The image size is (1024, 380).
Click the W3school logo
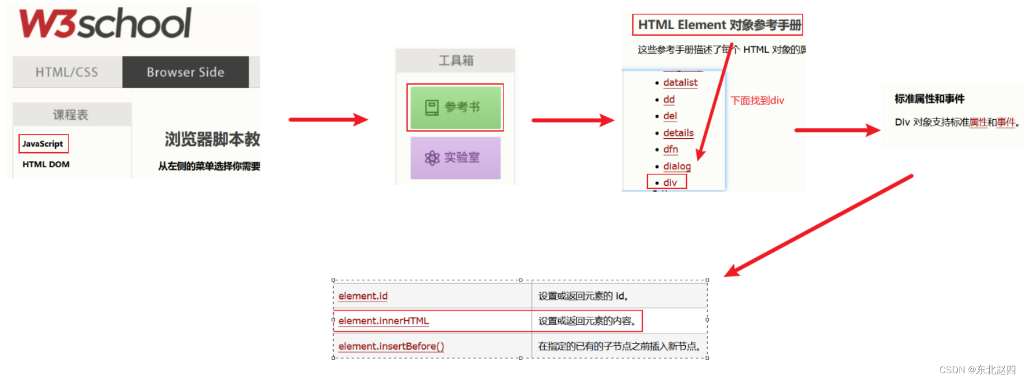tap(105, 24)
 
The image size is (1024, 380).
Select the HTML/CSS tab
tap(67, 72)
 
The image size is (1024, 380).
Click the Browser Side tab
tap(185, 72)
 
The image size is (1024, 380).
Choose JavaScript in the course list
tap(43, 144)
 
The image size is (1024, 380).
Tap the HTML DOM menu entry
tap(46, 165)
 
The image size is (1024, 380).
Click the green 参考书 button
tap(455, 107)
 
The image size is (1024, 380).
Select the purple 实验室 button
tap(455, 158)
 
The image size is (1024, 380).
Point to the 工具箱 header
tap(456, 60)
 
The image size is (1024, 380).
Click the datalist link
tap(680, 83)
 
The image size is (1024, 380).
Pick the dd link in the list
tap(669, 100)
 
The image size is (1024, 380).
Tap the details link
tap(678, 133)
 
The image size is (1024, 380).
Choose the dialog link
tap(677, 166)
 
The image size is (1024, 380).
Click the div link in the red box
tap(670, 182)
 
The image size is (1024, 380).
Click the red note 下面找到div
tap(757, 101)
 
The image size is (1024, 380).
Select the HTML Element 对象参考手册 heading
tap(719, 25)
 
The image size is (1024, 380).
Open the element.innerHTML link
tap(384, 321)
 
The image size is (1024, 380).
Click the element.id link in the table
tap(363, 296)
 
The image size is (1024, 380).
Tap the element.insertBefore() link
tap(391, 346)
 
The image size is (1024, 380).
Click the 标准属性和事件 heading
tap(929, 99)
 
